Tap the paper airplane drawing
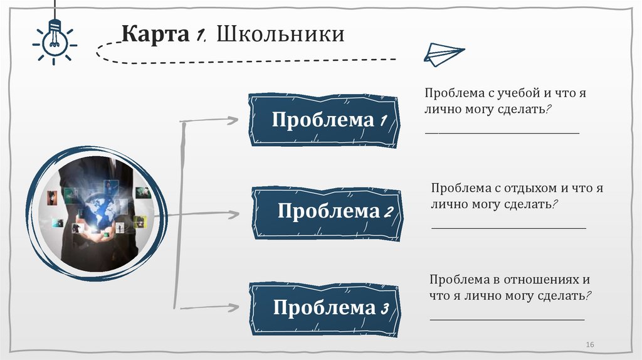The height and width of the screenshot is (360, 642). (443, 55)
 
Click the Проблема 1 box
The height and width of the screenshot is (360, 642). (324, 120)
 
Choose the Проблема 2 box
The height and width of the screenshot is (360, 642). (327, 211)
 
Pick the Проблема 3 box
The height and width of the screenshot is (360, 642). (324, 309)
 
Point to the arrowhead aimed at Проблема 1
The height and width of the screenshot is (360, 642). (233, 120)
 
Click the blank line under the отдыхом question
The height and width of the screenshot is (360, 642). (508, 227)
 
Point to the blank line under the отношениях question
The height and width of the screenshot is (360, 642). (507, 320)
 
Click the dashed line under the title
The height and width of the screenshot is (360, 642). (251, 60)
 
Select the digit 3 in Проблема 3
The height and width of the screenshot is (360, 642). (385, 309)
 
